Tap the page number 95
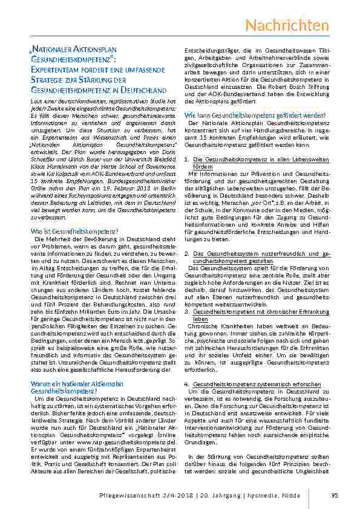(x=334, y=496)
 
